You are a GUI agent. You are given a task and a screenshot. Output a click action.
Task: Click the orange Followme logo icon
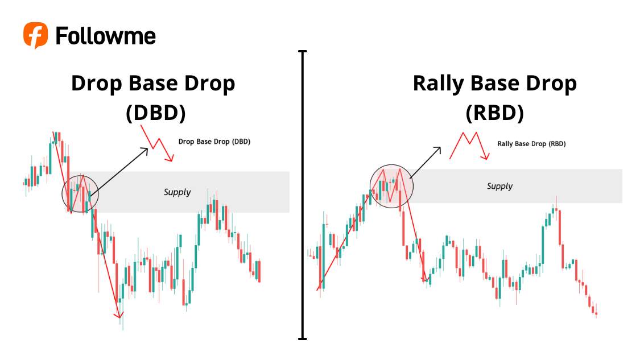tap(35, 35)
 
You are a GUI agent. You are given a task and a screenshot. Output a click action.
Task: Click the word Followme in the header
tap(105, 36)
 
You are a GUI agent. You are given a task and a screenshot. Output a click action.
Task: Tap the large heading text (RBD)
tap(494, 113)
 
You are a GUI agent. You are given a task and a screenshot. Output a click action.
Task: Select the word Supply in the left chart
tap(177, 192)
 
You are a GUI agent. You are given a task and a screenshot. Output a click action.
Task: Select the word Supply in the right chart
tap(499, 186)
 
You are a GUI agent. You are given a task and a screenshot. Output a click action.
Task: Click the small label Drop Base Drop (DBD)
tap(214, 142)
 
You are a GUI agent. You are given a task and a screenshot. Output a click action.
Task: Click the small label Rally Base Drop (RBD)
tap(531, 144)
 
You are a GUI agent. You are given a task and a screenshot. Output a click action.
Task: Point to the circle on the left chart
tap(80, 193)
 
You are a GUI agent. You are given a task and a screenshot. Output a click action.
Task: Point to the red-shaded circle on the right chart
tap(391, 185)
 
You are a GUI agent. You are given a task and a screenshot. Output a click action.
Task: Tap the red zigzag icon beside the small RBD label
tap(469, 146)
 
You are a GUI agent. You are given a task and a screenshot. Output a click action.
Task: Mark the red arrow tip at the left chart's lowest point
tap(119, 315)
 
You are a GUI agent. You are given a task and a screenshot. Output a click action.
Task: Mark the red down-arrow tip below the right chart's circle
tap(424, 279)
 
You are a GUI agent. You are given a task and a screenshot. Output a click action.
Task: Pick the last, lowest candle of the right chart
tap(596, 313)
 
